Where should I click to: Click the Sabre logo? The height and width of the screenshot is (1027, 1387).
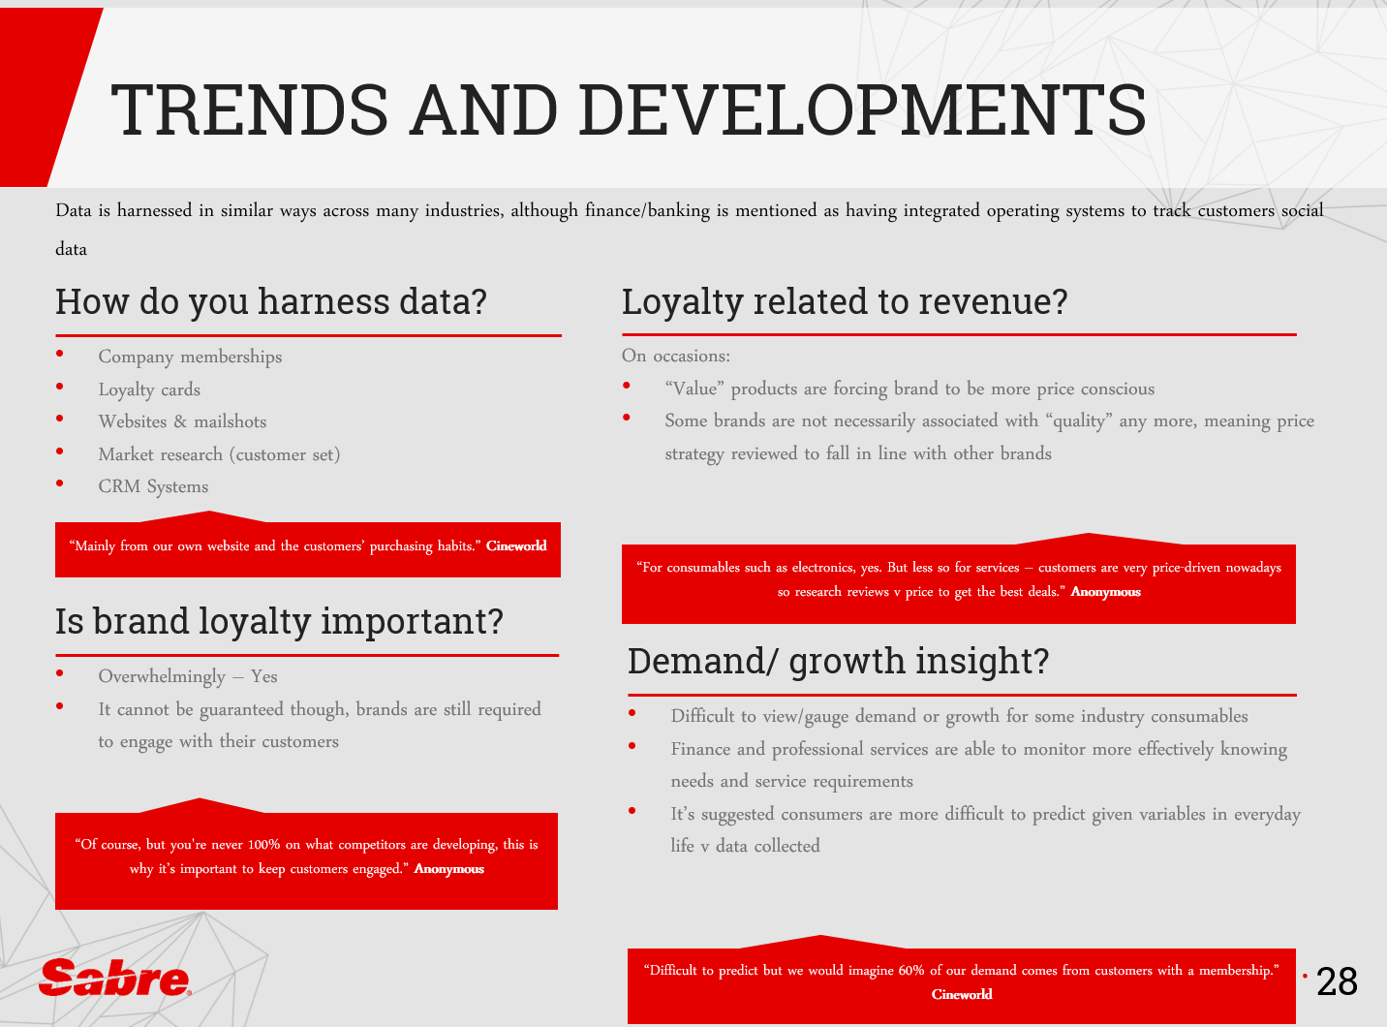coord(115,977)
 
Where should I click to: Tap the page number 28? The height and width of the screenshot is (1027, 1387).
coord(1337,981)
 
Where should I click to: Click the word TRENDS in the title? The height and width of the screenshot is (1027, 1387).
coord(250,109)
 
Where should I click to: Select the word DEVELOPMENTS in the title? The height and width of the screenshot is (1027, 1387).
coord(863,109)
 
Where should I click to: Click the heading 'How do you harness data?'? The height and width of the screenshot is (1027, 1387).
coord(271,302)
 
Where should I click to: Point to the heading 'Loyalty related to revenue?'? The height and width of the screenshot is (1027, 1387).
coord(845,302)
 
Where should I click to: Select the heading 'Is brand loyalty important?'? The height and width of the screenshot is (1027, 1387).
coord(279,622)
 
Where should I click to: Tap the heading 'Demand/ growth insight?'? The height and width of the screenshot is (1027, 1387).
coord(838,661)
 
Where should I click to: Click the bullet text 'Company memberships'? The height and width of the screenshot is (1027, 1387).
coord(190,357)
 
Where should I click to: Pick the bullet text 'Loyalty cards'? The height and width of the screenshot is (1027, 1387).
coord(149,389)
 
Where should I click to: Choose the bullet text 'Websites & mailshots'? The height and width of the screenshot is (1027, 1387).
coord(183,421)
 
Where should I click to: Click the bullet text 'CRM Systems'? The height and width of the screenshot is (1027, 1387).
coord(153,486)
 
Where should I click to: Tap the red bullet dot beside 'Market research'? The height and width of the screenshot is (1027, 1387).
coord(60,451)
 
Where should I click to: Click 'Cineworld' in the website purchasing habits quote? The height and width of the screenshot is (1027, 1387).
coord(516,546)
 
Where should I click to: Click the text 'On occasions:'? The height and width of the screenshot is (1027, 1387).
coord(676,356)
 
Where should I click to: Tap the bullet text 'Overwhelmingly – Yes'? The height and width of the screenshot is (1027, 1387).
coord(188,676)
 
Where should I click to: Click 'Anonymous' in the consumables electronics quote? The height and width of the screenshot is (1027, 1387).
coord(1105,592)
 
